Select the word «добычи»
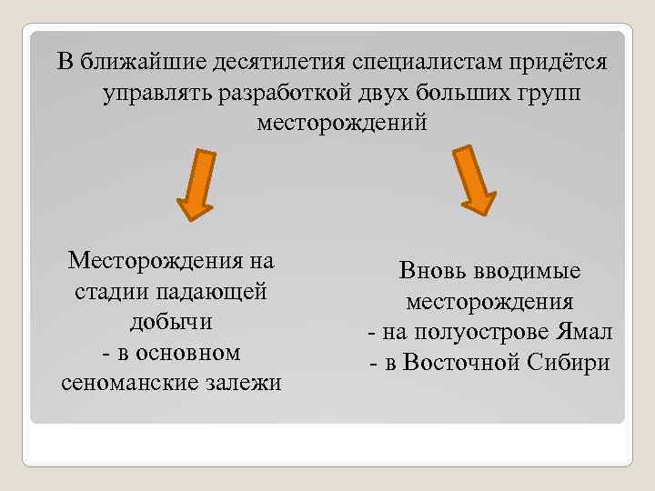click(171, 322)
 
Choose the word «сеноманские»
click(122, 383)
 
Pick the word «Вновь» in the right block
click(430, 271)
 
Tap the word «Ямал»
click(583, 333)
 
